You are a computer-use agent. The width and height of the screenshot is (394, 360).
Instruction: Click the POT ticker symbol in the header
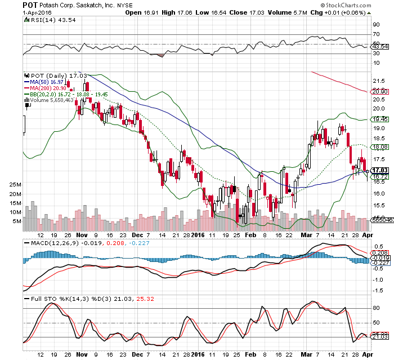tap(30, 5)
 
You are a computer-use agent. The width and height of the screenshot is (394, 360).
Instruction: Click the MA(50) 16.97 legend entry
tap(44, 82)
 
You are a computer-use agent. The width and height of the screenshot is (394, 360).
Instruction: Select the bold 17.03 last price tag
tap(380, 170)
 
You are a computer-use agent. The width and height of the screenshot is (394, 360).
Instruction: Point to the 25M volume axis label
tap(15, 185)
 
